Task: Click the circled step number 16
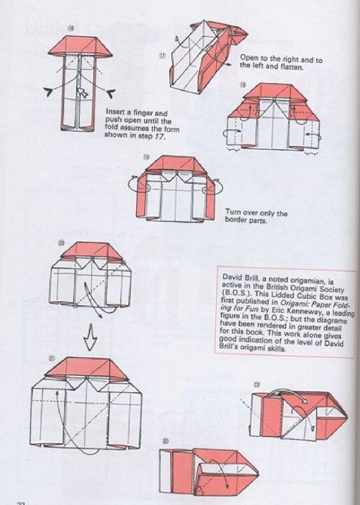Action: tap(92, 29)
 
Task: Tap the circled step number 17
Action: tap(163, 55)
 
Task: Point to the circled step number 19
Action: tap(145, 156)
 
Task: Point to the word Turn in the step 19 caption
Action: tap(233, 213)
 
